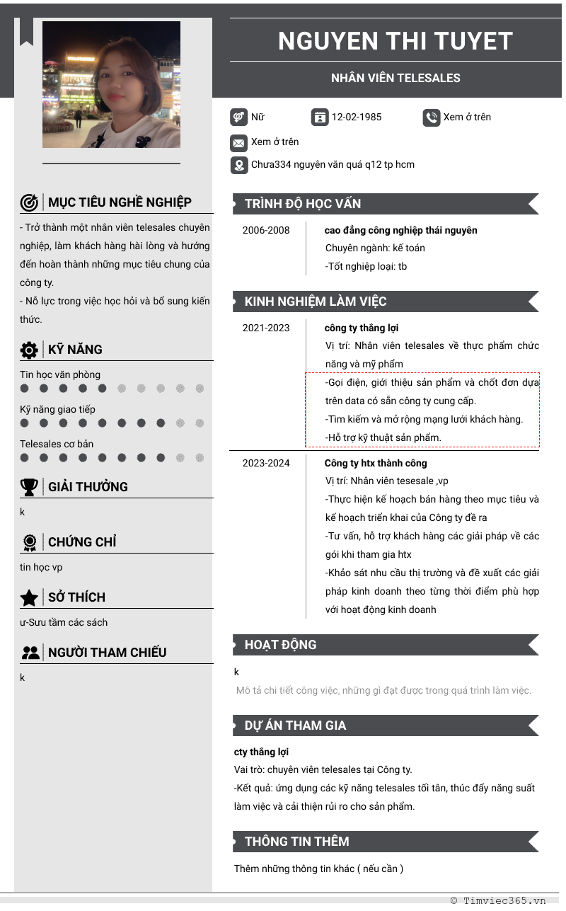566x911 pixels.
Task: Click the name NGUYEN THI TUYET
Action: (395, 41)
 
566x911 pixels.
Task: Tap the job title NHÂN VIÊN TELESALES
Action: (395, 78)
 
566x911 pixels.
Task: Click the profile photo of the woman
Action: (111, 84)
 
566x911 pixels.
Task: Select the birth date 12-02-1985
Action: (356, 118)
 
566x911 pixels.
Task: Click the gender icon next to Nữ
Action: (238, 118)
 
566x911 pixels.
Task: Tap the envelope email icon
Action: (238, 143)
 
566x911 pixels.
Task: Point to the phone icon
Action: (432, 118)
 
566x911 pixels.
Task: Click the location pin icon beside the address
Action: (238, 166)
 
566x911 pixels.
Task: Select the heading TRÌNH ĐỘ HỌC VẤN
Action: (303, 204)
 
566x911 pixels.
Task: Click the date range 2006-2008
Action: (266, 230)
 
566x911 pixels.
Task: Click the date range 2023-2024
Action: (266, 463)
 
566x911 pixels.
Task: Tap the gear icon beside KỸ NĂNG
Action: (29, 350)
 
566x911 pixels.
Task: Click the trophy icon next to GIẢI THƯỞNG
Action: (29, 487)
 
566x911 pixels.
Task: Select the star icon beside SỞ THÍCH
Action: (29, 598)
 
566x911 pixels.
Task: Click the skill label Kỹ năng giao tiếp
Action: (57, 409)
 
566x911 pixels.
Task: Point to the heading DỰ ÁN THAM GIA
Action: (295, 726)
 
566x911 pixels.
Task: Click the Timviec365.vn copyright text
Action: (498, 900)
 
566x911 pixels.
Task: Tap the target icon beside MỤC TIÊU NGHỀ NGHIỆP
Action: (29, 203)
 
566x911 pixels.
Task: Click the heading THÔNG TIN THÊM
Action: (296, 842)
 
